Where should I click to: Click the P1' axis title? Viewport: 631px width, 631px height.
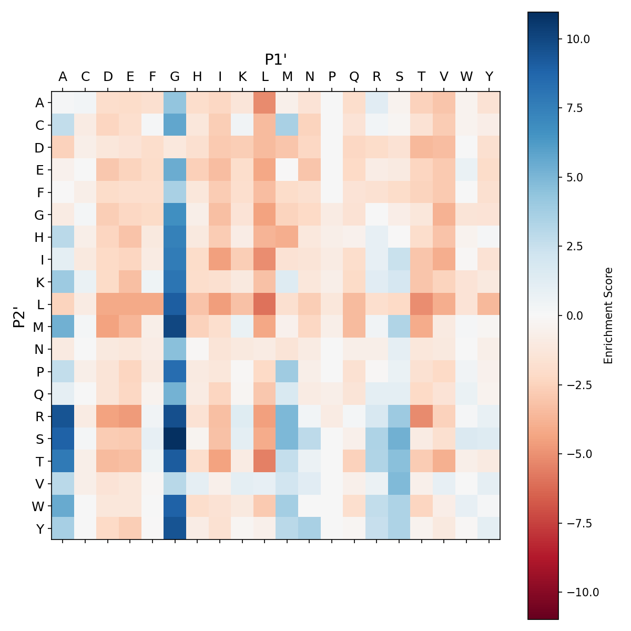pyautogui.click(x=276, y=59)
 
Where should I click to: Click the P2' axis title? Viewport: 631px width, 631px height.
pyautogui.click(x=19, y=315)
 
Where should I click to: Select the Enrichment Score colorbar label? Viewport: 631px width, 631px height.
pyautogui.click(x=608, y=315)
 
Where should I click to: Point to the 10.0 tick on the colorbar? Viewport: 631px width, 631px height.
pyautogui.click(x=578, y=39)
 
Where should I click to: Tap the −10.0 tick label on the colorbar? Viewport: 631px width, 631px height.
pyautogui.click(x=583, y=592)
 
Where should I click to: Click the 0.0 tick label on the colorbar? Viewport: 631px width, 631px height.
pyautogui.click(x=578, y=315)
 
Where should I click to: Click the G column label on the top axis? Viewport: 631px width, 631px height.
pyautogui.click(x=175, y=77)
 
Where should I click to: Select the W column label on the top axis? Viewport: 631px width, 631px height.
pyautogui.click(x=466, y=77)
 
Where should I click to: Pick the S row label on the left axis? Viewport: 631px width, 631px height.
pyautogui.click(x=39, y=439)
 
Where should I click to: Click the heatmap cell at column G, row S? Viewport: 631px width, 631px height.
pyautogui.click(x=175, y=439)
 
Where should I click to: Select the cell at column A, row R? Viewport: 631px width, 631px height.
pyautogui.click(x=63, y=416)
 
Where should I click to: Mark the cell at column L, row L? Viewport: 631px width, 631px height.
pyautogui.click(x=264, y=304)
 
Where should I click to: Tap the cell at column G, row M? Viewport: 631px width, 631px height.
pyautogui.click(x=175, y=327)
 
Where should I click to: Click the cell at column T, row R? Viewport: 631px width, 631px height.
pyautogui.click(x=421, y=416)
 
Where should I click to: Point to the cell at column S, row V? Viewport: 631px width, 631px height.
pyautogui.click(x=399, y=483)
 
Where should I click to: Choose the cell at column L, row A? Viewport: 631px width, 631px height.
pyautogui.click(x=264, y=103)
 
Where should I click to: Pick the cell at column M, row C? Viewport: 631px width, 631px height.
pyautogui.click(x=287, y=125)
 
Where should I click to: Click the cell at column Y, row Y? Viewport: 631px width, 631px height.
pyautogui.click(x=489, y=528)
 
